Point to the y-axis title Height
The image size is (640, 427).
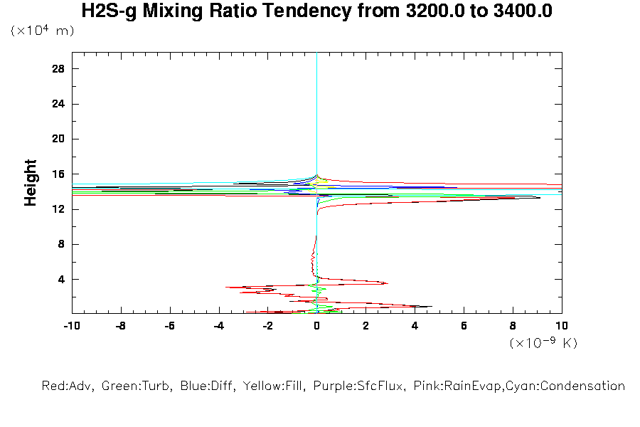click(31, 183)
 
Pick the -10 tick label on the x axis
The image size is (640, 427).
click(71, 326)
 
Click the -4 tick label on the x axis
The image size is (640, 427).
click(218, 326)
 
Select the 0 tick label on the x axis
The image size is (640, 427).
click(317, 326)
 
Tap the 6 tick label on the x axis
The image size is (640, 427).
click(464, 326)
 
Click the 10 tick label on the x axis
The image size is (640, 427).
click(562, 326)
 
